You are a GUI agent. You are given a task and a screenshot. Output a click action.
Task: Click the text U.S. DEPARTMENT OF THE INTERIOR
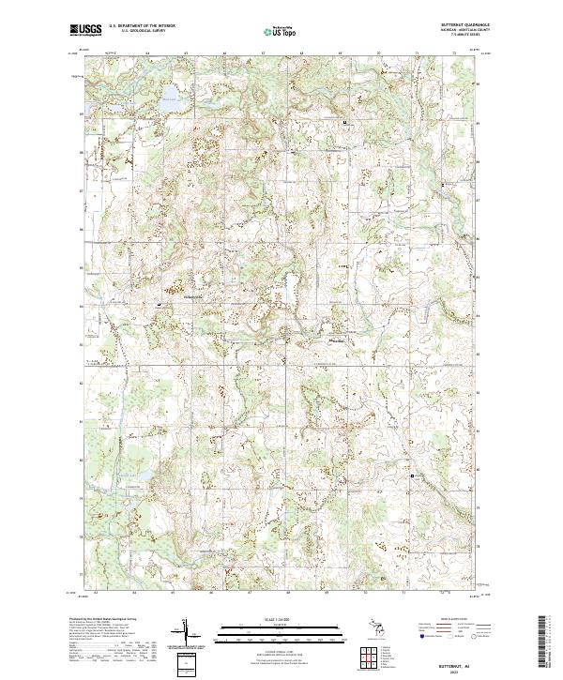click(142, 26)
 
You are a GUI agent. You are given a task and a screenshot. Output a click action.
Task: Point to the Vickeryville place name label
click(191, 297)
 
